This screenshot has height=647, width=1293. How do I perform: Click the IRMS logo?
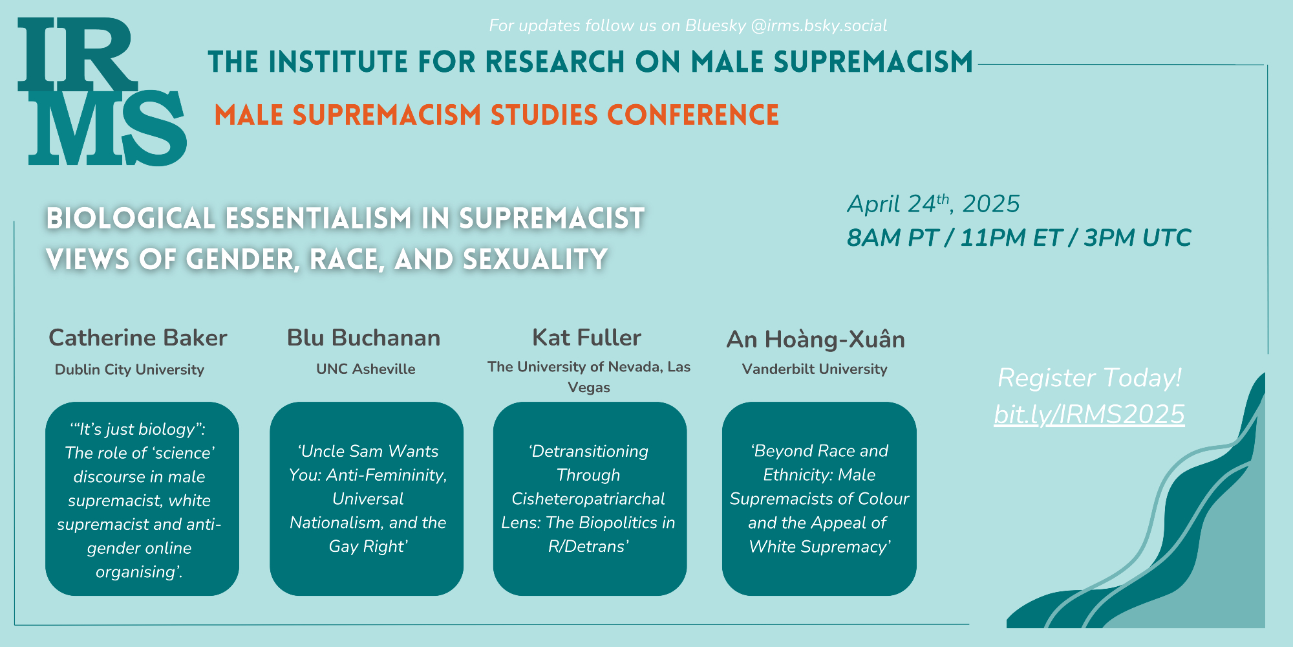[x=102, y=91]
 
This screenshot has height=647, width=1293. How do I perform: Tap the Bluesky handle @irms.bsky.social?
[x=818, y=25]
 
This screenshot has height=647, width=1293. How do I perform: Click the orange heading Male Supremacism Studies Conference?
[x=497, y=115]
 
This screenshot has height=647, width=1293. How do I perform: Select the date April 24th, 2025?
[x=933, y=204]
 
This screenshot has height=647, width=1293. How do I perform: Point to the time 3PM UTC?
[x=1137, y=237]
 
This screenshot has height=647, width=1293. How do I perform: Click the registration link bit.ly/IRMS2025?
[x=1089, y=414]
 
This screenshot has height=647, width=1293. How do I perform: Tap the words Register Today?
[x=1089, y=378]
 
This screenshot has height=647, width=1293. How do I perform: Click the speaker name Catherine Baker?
[x=138, y=338]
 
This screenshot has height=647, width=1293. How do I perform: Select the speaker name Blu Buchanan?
[x=363, y=338]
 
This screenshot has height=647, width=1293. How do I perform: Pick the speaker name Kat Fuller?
[x=586, y=337]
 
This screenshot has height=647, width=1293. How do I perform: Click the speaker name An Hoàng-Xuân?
[x=816, y=338]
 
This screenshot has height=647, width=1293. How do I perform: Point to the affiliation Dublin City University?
[x=129, y=369]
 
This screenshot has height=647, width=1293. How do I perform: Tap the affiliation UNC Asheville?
[x=366, y=369]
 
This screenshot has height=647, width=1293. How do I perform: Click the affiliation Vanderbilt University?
[x=815, y=369]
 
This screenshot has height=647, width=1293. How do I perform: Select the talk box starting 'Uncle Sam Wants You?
[x=367, y=498]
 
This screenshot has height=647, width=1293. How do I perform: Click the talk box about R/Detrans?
[x=590, y=498]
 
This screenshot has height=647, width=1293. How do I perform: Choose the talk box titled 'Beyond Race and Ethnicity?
[x=819, y=498]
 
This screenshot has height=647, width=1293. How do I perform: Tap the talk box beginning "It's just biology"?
[x=142, y=498]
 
